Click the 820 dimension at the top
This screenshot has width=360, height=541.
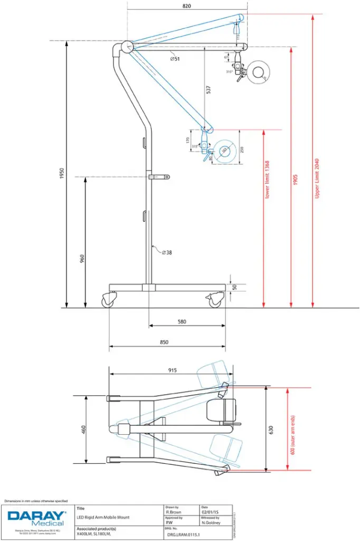tap(186, 6)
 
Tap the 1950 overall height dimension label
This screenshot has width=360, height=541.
tap(61, 174)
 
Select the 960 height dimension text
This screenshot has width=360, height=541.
tap(82, 259)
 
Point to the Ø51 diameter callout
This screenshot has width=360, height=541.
tap(175, 59)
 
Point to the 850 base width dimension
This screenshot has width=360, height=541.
tap(164, 342)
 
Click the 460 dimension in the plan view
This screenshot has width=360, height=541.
tap(82, 430)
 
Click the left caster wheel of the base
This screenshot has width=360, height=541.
tap(108, 302)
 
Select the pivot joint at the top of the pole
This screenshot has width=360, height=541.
tap(126, 46)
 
